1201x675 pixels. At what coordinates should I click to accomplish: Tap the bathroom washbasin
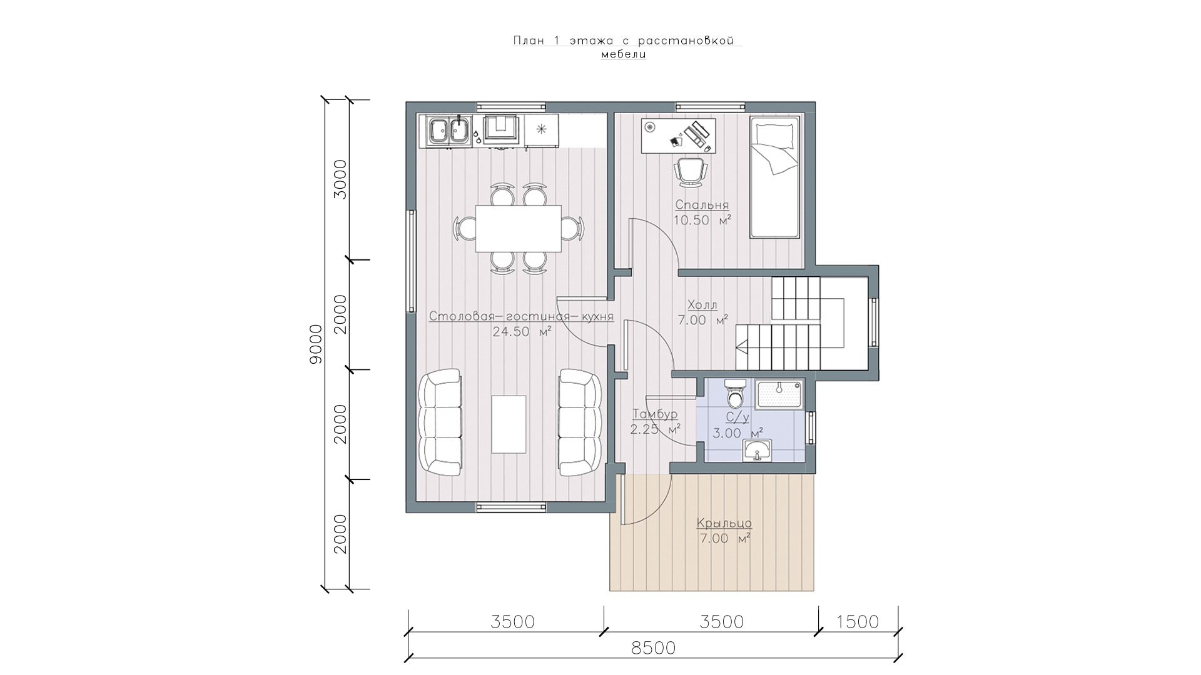(758, 451)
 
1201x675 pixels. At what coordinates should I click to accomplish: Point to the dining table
(518, 228)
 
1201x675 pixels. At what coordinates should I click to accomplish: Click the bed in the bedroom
(775, 177)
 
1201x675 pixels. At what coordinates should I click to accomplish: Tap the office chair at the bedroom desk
(691, 171)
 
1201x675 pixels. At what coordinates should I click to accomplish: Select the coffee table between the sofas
(509, 424)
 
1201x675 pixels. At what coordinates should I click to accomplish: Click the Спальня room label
(702, 205)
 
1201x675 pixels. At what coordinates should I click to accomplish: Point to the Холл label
(702, 305)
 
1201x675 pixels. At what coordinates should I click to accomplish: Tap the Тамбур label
(655, 414)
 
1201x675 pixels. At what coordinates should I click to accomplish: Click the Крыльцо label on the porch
(724, 524)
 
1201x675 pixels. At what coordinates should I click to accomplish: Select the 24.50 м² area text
(522, 332)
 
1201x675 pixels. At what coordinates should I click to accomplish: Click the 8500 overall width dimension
(654, 648)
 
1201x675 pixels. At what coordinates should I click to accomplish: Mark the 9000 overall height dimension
(316, 344)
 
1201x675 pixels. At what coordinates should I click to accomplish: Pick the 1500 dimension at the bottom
(857, 622)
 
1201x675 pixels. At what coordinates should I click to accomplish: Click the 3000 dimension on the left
(340, 179)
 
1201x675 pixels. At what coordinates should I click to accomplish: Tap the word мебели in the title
(624, 54)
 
